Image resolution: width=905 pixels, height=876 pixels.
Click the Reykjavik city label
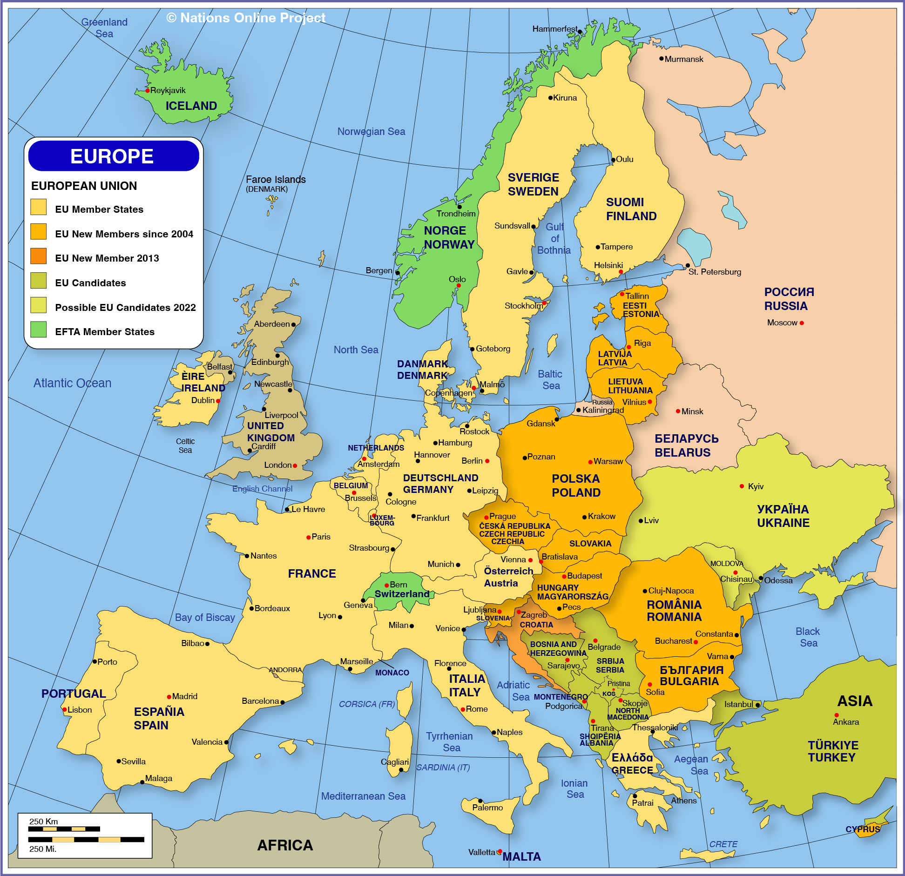pyautogui.click(x=168, y=90)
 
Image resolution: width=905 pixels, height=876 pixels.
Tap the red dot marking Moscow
pyautogui.click(x=802, y=323)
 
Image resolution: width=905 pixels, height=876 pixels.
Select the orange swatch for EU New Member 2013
pyautogui.click(x=39, y=256)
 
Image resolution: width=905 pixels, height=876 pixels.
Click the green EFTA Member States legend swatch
pyautogui.click(x=39, y=330)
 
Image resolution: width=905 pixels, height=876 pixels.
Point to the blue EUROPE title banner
pyautogui.click(x=113, y=156)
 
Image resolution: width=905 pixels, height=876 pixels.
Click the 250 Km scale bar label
pyautogui.click(x=44, y=822)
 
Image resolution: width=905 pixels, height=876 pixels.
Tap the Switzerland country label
pyautogui.click(x=402, y=594)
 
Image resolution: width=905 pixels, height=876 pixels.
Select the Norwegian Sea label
pyautogui.click(x=371, y=132)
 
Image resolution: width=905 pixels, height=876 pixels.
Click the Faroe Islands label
pyautogui.click(x=276, y=180)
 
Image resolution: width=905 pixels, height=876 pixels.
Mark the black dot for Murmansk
pyautogui.click(x=661, y=59)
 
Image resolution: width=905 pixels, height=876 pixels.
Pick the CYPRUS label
pyautogui.click(x=863, y=829)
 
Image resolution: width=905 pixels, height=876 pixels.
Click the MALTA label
pyautogui.click(x=521, y=857)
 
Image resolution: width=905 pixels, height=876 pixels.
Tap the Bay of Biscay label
pyautogui.click(x=205, y=618)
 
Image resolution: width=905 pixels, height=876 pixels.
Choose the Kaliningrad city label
pyautogui.click(x=603, y=410)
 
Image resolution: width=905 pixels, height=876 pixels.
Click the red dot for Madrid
pyautogui.click(x=169, y=697)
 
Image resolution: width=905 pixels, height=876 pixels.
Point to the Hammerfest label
pyautogui.click(x=554, y=29)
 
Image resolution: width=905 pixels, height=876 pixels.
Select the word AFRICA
pyautogui.click(x=285, y=845)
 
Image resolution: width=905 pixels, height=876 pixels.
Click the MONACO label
pyautogui.click(x=392, y=673)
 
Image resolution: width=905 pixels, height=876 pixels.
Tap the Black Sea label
pyautogui.click(x=808, y=637)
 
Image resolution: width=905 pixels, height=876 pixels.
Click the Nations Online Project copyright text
pyautogui.click(x=246, y=18)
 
